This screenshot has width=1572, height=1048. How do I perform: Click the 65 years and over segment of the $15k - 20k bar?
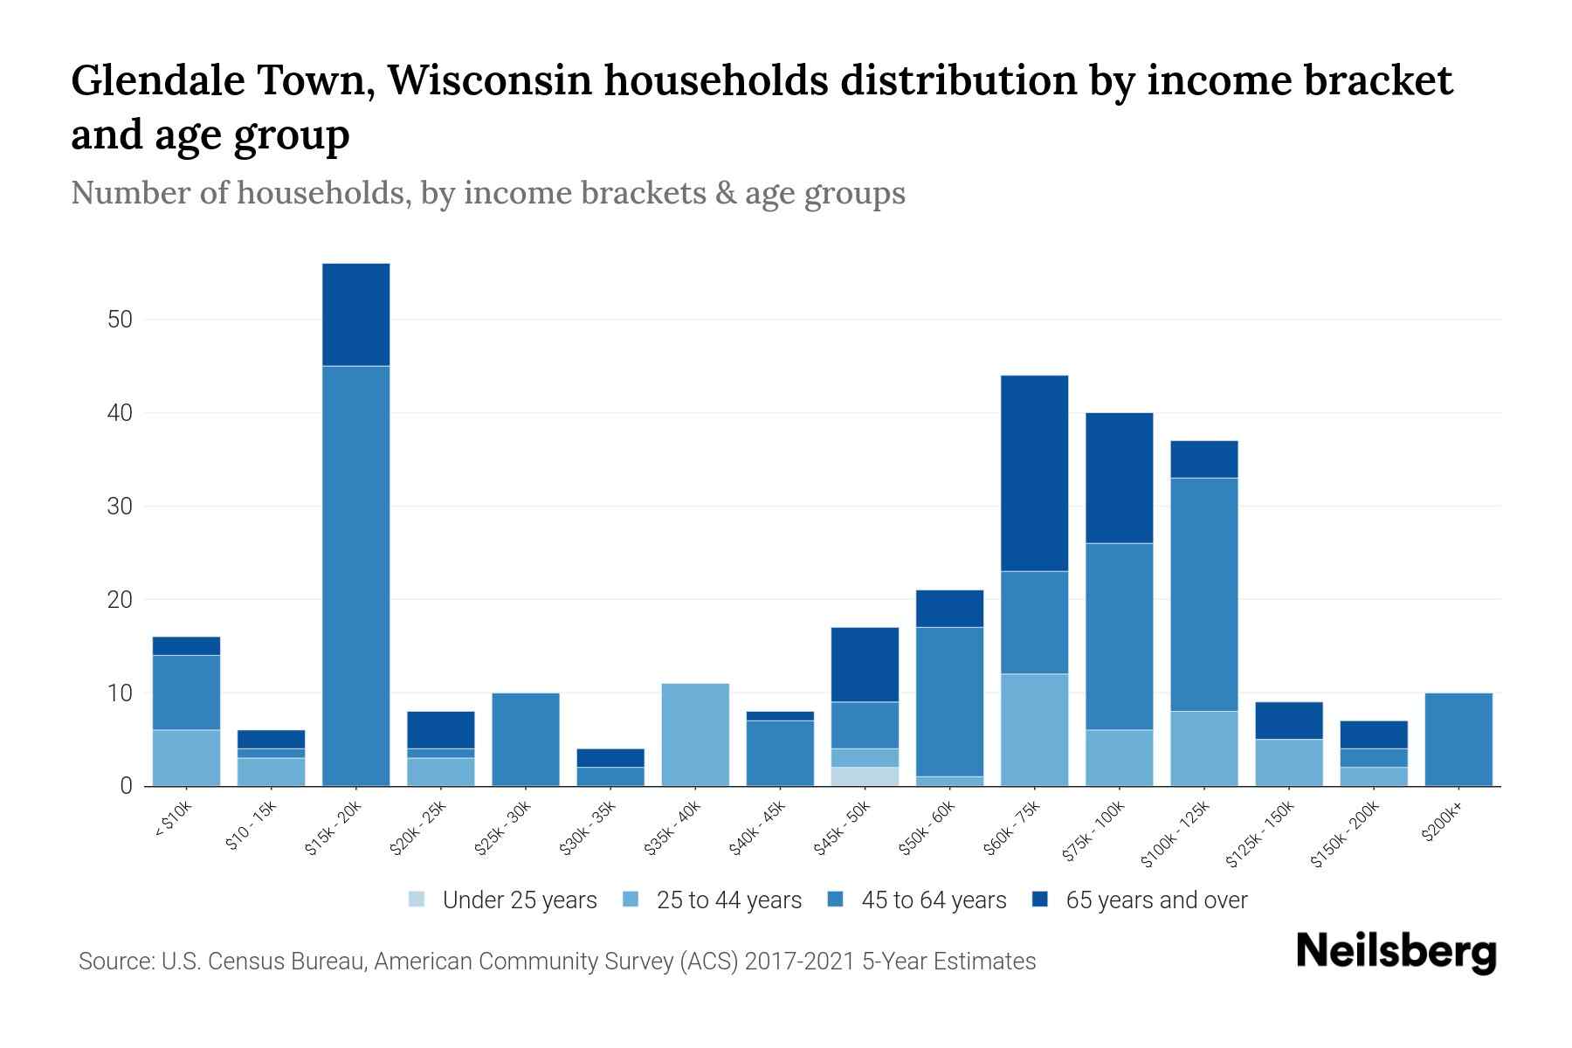[x=355, y=314]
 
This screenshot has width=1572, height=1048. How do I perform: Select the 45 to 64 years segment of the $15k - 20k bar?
[x=355, y=576]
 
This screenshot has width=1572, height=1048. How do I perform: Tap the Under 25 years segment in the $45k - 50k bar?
[x=865, y=776]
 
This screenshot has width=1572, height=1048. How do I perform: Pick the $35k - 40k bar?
[x=695, y=734]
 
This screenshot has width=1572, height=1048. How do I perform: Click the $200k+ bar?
[x=1458, y=739]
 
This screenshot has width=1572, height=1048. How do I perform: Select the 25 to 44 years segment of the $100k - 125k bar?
[x=1203, y=748]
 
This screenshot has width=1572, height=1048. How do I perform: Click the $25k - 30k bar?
[x=526, y=739]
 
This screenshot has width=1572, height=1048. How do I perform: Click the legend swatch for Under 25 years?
[x=417, y=900]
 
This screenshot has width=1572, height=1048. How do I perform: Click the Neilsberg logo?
[x=1396, y=952]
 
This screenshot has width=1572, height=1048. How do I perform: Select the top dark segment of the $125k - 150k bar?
[x=1288, y=720]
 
